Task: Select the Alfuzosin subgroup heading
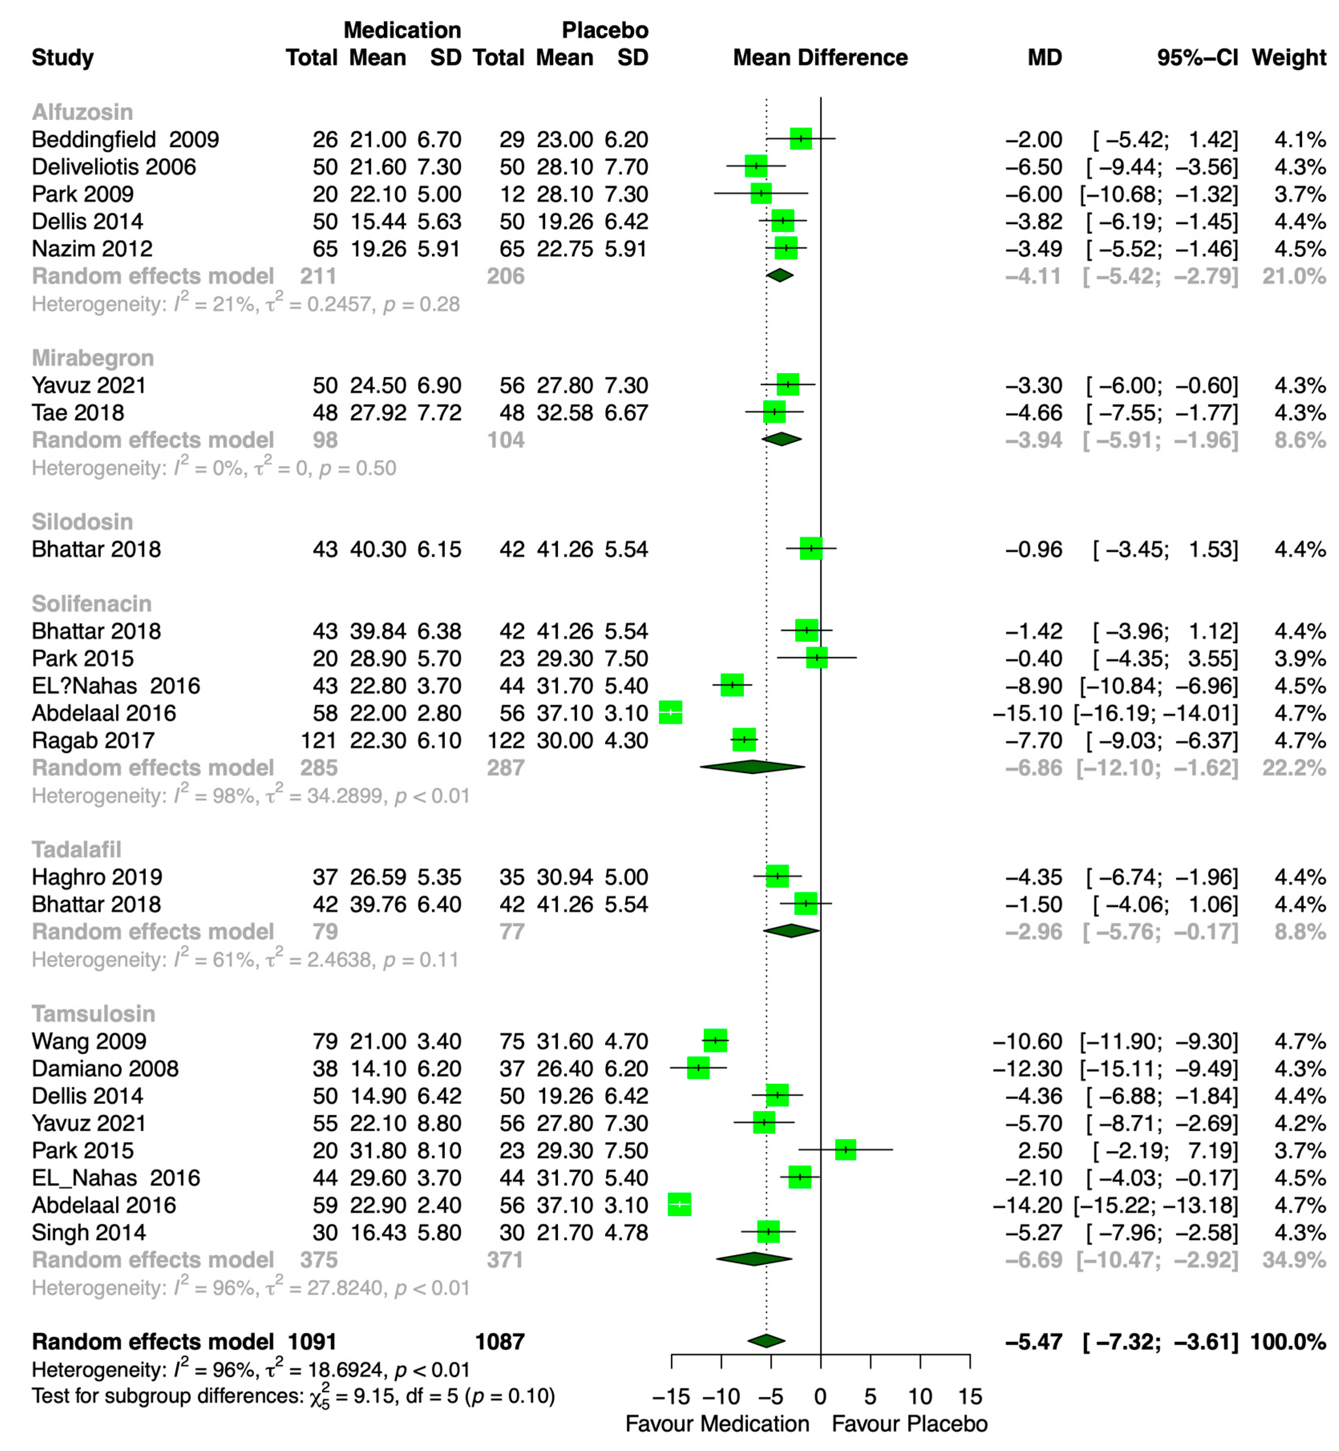(x=83, y=112)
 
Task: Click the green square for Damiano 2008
(x=698, y=1068)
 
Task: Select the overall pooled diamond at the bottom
(x=766, y=1341)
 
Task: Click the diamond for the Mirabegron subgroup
(x=781, y=439)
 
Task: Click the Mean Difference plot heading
(x=820, y=58)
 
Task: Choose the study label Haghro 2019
(x=97, y=877)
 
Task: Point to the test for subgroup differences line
(x=293, y=1397)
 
